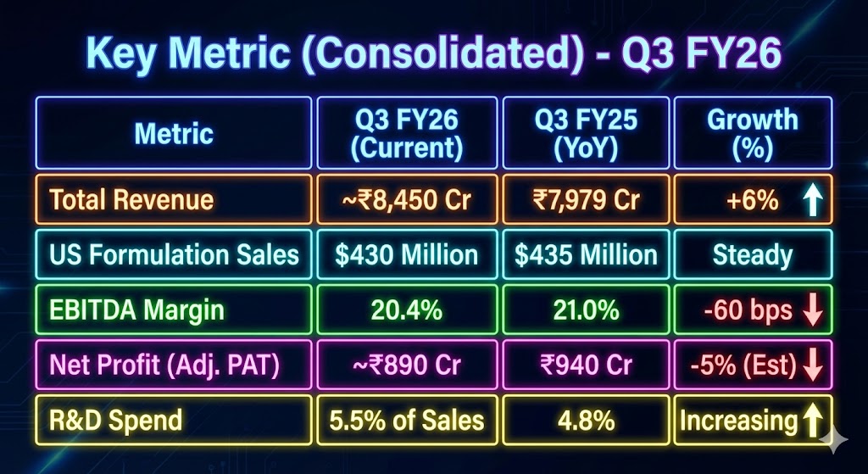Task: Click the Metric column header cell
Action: tap(174, 133)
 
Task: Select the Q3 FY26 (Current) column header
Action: tap(409, 133)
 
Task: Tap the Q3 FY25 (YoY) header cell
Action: tap(586, 133)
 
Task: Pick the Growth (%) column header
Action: tap(752, 133)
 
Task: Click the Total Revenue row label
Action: tap(131, 200)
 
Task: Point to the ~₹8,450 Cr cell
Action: tap(409, 200)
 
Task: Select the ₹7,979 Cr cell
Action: tap(586, 200)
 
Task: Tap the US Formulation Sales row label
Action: tap(174, 254)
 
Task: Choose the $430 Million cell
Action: tap(409, 254)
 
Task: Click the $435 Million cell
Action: tap(586, 254)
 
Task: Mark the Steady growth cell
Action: tap(752, 254)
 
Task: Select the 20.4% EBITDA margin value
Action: tap(409, 310)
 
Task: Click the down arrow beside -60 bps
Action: tap(812, 310)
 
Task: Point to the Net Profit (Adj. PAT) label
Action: tap(165, 365)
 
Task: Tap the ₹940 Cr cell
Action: tap(586, 365)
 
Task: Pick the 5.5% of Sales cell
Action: tap(409, 420)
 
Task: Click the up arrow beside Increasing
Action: tap(812, 420)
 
